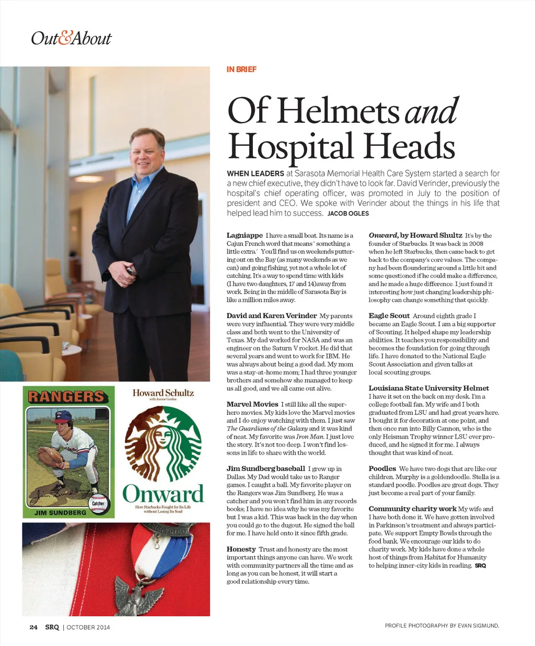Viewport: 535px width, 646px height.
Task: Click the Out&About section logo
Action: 71,38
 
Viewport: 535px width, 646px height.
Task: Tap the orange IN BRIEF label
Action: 241,69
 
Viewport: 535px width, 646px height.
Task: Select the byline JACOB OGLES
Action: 348,214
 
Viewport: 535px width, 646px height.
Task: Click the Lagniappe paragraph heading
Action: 245,236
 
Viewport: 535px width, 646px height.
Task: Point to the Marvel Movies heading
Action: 252,404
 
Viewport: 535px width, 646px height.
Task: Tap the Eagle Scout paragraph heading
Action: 389,316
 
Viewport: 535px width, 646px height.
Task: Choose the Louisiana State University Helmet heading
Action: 428,388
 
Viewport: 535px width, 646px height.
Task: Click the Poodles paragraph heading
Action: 382,468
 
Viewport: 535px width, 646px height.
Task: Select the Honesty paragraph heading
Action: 241,549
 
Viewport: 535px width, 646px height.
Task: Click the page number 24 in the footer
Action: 33,627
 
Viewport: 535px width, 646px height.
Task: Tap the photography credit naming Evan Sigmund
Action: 441,626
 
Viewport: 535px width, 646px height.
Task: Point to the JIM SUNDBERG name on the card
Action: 60,513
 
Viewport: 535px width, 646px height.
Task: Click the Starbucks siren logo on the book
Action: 163,443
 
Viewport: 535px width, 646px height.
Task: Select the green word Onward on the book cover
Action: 163,494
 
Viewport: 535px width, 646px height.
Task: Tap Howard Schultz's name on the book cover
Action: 163,393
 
